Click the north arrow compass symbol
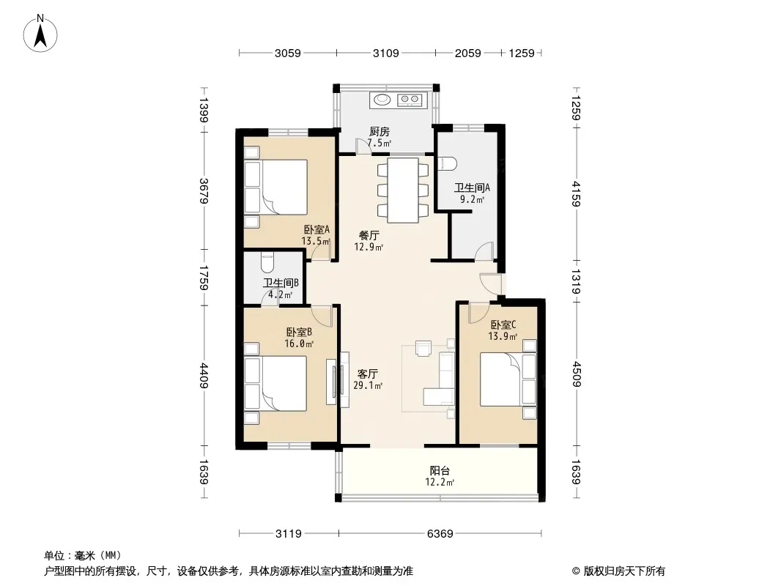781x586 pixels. click(x=40, y=34)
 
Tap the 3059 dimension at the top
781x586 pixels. click(x=287, y=53)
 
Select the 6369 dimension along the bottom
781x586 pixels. click(x=440, y=534)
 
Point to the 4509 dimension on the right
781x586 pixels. click(x=576, y=374)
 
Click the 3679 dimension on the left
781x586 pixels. click(x=204, y=190)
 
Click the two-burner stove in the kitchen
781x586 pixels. click(x=410, y=100)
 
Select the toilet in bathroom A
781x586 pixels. click(x=449, y=163)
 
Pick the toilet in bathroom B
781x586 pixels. click(x=267, y=261)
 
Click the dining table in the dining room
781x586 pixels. click(x=403, y=190)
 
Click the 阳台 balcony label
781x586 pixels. click(x=440, y=470)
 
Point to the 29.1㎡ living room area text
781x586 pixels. click(x=368, y=385)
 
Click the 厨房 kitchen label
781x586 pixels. click(x=379, y=132)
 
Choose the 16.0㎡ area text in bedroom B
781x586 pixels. click(x=299, y=344)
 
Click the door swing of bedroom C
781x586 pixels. click(x=476, y=314)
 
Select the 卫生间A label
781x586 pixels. click(x=472, y=188)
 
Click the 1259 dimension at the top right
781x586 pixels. click(x=522, y=53)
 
